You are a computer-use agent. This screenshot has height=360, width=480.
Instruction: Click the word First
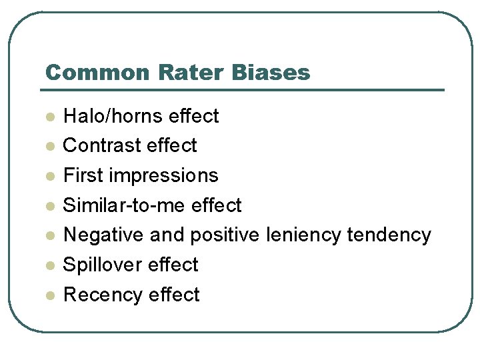(83, 175)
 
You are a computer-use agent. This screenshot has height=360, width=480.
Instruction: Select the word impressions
(163, 176)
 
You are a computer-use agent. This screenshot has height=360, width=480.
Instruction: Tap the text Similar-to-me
(124, 205)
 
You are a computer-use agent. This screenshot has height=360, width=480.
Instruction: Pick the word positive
(225, 235)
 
